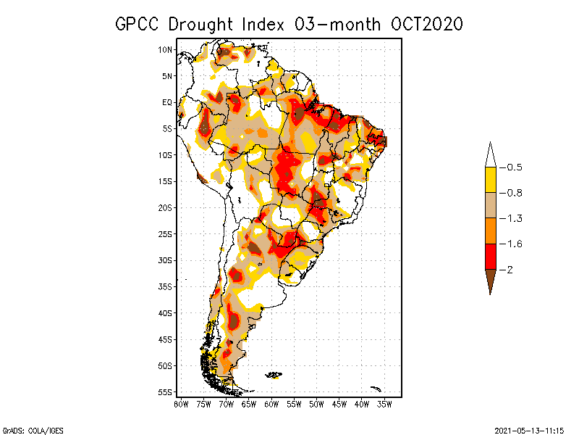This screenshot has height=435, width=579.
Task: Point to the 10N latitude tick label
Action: coord(165,49)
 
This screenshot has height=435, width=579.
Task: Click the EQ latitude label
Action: coord(167,102)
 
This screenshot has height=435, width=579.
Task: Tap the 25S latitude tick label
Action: coord(165,233)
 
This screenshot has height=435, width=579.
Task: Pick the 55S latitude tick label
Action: coord(165,391)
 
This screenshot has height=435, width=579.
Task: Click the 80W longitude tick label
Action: coord(181,403)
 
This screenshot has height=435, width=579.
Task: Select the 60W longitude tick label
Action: coord(271,403)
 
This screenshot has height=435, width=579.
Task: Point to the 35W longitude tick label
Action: coord(384,403)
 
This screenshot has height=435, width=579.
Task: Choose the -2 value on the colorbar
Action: coord(509,269)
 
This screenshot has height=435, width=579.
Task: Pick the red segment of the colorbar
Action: coord(490,256)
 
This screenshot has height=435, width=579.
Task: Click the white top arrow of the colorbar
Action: coord(490,156)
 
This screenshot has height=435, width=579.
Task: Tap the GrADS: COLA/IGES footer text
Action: coord(28,429)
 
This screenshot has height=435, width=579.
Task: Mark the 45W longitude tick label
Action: coord(339,403)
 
